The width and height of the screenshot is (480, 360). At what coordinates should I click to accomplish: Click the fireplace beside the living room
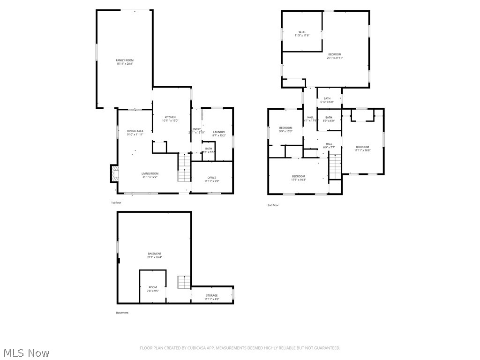pyautogui.click(x=114, y=173)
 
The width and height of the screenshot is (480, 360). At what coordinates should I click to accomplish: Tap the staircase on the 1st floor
pyautogui.click(x=184, y=169)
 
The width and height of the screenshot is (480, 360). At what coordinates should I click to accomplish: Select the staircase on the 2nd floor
pyautogui.click(x=335, y=168)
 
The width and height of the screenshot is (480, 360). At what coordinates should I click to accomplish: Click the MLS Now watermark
pyautogui.click(x=26, y=352)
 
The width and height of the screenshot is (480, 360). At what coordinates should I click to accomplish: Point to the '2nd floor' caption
pyautogui.click(x=273, y=205)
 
